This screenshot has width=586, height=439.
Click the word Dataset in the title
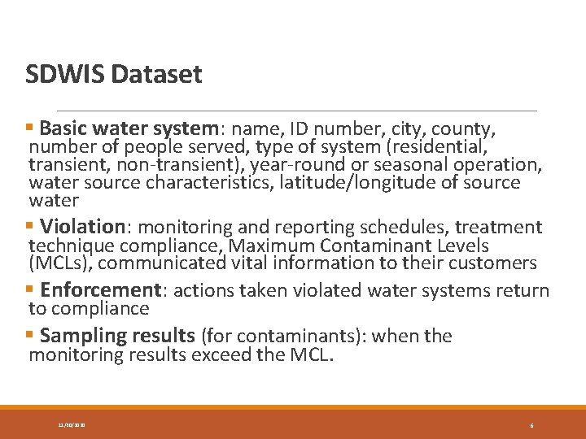[x=156, y=75]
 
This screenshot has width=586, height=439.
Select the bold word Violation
[x=82, y=227]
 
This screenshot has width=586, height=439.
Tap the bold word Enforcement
[x=101, y=290]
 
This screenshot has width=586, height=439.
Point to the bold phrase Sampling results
[x=117, y=336]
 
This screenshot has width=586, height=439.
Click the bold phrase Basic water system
[x=128, y=128]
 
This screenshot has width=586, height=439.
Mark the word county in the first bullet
[x=464, y=128]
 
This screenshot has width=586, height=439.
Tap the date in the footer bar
[x=72, y=424]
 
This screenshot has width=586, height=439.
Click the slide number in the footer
[x=531, y=424]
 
